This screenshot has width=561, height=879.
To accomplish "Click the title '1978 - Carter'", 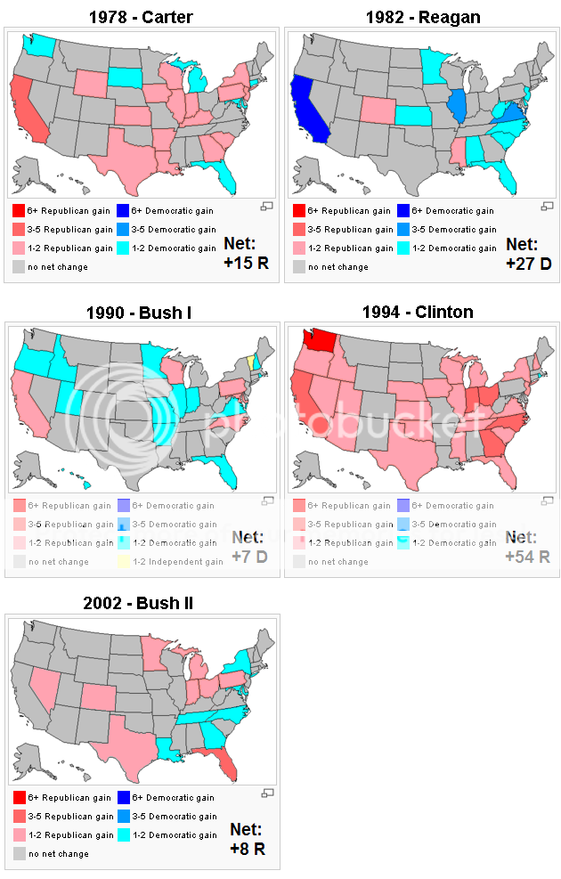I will coord(141,16).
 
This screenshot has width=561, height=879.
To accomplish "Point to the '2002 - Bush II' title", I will coord(138,603).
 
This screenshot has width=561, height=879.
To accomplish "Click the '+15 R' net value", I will coord(246,263).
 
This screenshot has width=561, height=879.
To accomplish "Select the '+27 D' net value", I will coord(528,263).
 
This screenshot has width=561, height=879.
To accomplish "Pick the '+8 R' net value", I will coord(248,849).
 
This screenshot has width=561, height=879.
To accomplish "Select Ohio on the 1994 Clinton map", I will coord(488,395).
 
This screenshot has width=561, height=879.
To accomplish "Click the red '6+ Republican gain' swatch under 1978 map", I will coord(19,210).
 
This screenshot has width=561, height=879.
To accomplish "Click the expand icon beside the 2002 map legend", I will coord(266,793).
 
